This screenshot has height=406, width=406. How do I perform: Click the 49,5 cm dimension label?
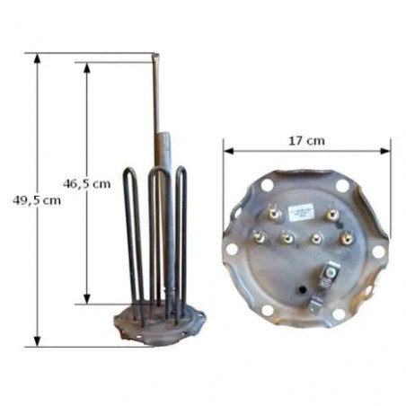coord(37,200)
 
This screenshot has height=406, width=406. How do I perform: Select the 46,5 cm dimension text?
coord(87,183)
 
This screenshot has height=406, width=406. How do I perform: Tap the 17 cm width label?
coord(306,140)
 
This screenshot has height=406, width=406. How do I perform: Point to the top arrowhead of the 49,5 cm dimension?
coord(37,58)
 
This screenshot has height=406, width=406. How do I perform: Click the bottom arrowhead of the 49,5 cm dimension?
coord(37,341)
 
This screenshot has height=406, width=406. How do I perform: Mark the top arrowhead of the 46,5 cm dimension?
coord(87,67)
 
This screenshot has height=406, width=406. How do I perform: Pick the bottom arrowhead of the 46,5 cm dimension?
coord(87,299)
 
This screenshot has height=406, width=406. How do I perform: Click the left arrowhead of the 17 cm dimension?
coord(229,151)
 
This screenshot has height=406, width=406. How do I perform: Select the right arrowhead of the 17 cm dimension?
coord(385,151)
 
